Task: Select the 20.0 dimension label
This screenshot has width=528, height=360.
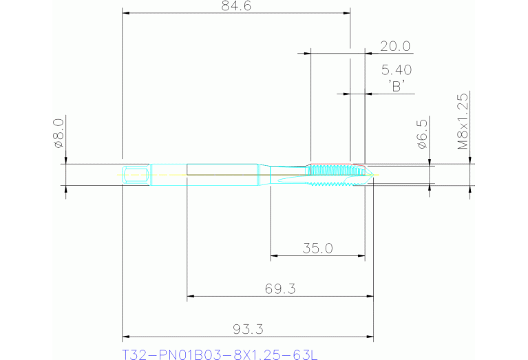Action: point(395,46)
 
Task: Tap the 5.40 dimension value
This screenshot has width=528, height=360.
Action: point(396,70)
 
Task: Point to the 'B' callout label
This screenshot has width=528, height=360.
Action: point(396,85)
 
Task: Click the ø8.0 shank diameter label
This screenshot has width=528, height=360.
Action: point(59,133)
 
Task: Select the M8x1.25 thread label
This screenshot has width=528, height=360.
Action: point(463,122)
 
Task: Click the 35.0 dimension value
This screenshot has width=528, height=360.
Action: point(317,248)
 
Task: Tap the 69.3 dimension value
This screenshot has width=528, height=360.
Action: point(279,289)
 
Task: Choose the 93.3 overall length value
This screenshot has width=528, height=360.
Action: point(248,330)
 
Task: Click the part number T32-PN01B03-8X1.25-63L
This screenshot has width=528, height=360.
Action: point(220,354)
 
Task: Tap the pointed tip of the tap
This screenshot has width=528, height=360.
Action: point(374,175)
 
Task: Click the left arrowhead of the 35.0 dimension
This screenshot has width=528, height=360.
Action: point(274,257)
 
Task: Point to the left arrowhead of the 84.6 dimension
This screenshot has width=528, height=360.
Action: point(126,12)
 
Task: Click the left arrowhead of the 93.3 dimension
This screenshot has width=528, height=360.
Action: point(126,338)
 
